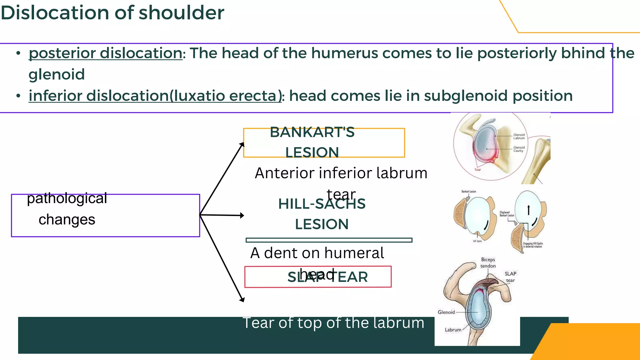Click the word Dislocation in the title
click(x=55, y=13)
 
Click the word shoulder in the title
click(x=181, y=13)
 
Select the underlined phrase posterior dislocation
click(x=106, y=53)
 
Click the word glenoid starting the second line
click(x=57, y=75)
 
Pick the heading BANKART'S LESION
click(x=312, y=142)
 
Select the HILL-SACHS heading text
click(x=322, y=204)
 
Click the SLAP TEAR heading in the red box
click(x=327, y=277)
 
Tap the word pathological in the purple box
click(x=67, y=198)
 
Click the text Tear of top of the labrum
click(x=333, y=323)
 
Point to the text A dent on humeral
click(x=317, y=253)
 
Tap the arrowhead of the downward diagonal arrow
click(x=242, y=300)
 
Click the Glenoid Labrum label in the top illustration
click(x=519, y=137)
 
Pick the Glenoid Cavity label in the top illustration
click(x=519, y=149)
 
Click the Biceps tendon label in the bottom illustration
click(x=488, y=263)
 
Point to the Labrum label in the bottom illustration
click(x=453, y=330)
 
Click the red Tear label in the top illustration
click(x=477, y=170)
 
